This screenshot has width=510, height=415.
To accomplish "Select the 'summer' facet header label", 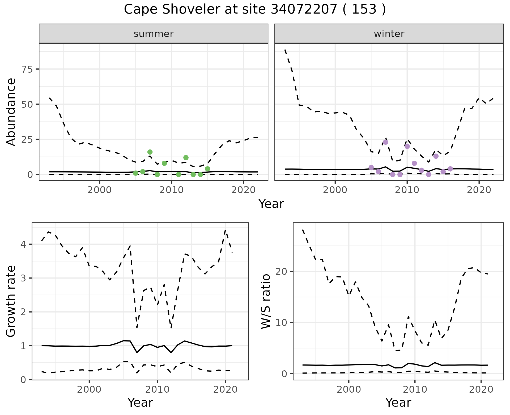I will pos(154,34).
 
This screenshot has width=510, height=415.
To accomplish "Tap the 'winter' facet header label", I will pos(389,34).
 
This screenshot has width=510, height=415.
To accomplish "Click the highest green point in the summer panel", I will pos(150,152).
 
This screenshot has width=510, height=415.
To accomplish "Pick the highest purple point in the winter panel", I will pos(385,142).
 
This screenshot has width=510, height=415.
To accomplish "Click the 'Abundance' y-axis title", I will pos(11,112).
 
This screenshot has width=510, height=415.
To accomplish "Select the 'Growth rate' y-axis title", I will pos(11,301).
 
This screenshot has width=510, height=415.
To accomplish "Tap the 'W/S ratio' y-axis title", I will pos(266,301).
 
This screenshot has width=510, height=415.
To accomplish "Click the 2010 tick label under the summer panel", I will pos(171,190).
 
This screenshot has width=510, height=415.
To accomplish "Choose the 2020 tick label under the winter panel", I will pos(479,190).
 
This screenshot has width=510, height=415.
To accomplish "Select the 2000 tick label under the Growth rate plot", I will pos(89,389).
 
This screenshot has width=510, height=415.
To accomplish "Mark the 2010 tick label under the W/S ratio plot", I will pos(415,389).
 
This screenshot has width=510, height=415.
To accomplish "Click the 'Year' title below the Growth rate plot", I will pos(140,402).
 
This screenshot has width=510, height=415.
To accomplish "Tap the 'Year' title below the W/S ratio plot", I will pos(398,402).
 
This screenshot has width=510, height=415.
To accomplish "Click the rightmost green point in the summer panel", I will pos(207,169).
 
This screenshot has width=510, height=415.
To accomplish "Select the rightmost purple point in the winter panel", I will pos(450,169).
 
